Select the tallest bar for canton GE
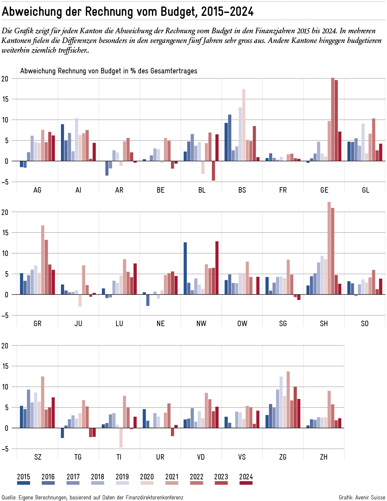(x=332, y=119)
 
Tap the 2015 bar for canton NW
(x=185, y=268)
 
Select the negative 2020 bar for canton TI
(x=121, y=438)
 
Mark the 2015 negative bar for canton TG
(x=62, y=433)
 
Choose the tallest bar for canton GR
(x=43, y=260)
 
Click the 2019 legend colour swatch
(x=122, y=483)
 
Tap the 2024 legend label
(x=246, y=477)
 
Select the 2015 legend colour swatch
(x=24, y=483)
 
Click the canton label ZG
(x=283, y=457)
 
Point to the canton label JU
(x=78, y=324)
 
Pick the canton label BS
(x=242, y=190)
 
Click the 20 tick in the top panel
(x=5, y=79)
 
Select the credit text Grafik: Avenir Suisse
(x=362, y=497)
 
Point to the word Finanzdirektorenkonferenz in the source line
(x=154, y=497)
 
